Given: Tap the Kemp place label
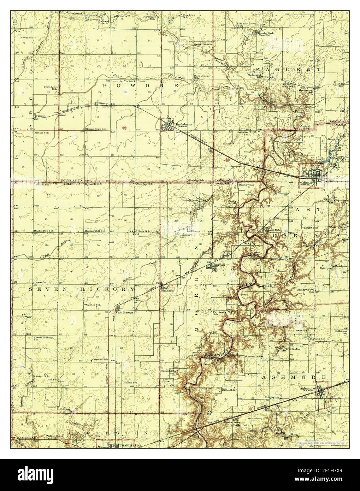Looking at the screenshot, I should pos(103,103).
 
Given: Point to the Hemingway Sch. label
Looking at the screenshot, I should pos(96,129).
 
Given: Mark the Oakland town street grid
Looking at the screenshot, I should pos(312,174).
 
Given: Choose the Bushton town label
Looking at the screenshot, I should pos(167,290).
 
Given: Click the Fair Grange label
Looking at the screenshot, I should pos(123,312).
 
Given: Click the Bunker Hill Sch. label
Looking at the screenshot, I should pos(95,231).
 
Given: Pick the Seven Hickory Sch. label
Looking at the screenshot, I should pos(43,339).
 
